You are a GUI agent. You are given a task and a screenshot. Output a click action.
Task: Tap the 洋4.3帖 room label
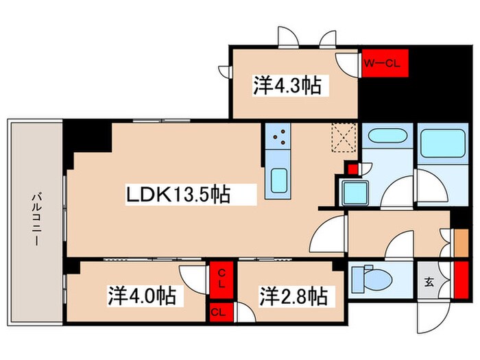(x=289, y=86)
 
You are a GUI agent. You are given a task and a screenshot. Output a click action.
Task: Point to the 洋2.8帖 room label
(x=293, y=297)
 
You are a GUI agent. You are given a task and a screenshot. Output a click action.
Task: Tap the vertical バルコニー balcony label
(x=34, y=212)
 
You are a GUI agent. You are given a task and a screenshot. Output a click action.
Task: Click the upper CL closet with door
(x=221, y=280)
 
